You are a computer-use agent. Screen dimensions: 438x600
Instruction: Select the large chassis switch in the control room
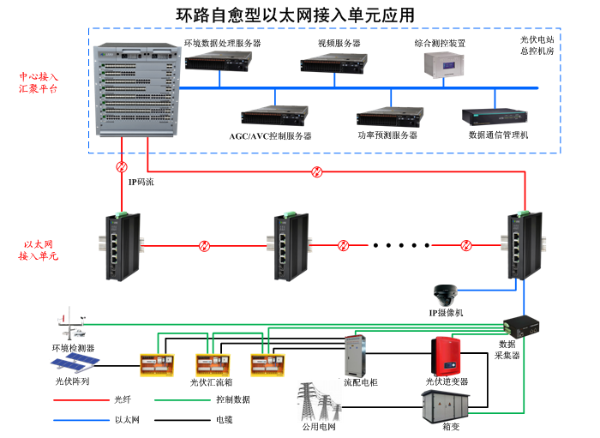point(137,90)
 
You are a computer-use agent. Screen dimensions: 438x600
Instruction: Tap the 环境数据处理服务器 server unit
point(219,60)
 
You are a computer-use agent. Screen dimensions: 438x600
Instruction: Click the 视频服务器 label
point(339,42)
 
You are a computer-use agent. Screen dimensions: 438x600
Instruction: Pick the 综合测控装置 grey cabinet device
point(445,64)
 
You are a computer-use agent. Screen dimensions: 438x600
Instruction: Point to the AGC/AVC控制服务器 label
point(270,135)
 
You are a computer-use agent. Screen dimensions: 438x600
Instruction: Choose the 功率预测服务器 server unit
point(390,117)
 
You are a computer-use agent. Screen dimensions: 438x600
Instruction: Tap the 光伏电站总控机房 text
point(537,45)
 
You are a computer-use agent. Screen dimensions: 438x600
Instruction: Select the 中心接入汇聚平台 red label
point(39,82)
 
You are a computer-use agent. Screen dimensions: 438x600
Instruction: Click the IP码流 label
point(141,182)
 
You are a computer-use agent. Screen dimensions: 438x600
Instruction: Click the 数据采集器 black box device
point(520,325)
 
